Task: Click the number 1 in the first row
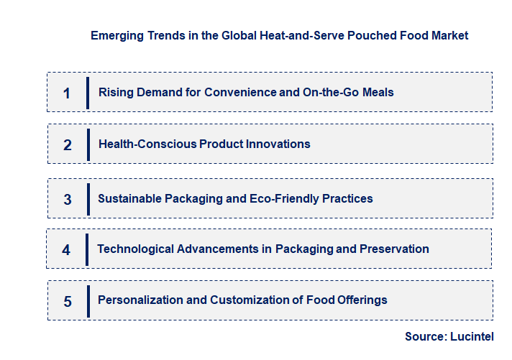point(67,93)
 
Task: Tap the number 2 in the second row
point(68,144)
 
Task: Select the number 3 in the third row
point(68,199)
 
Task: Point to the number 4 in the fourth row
point(66,250)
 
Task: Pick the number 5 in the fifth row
point(68,301)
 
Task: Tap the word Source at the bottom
point(425,336)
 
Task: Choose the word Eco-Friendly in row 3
point(283,198)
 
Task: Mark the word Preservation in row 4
point(394,249)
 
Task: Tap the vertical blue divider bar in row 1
point(87,93)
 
